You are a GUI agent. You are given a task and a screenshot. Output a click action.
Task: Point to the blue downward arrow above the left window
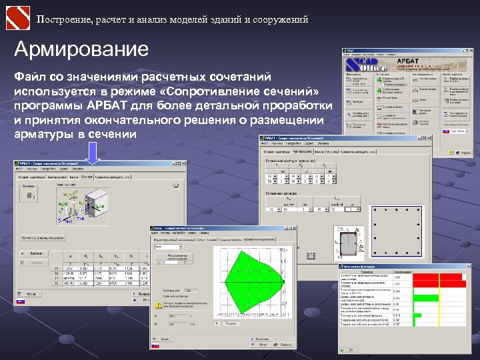point(93,154)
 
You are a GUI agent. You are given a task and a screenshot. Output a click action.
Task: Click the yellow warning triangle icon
point(158,305)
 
